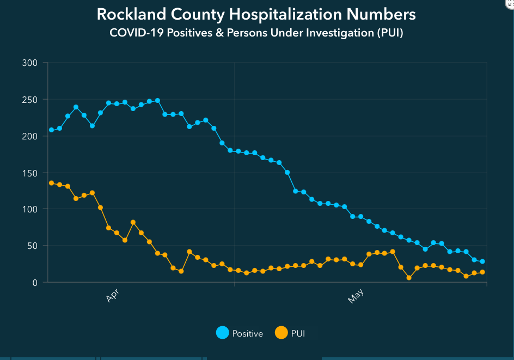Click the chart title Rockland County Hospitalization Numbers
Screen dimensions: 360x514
256,14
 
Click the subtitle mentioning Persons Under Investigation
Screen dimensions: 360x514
256,33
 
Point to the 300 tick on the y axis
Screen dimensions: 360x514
29,63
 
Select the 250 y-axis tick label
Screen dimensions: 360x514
29,100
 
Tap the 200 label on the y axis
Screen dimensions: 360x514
29,136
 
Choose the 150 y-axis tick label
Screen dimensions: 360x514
29,173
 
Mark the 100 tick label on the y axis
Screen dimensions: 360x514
29,209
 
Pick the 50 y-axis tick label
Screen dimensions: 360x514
32,246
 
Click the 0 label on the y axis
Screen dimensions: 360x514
35,282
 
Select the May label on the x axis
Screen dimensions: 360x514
355,297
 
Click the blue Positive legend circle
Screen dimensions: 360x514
222,333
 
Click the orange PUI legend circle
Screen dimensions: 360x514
281,333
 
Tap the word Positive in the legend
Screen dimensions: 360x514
247,333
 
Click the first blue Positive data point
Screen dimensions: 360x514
51,130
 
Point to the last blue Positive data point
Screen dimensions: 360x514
482,261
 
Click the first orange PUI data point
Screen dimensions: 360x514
51,183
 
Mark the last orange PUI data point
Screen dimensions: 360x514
482,272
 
